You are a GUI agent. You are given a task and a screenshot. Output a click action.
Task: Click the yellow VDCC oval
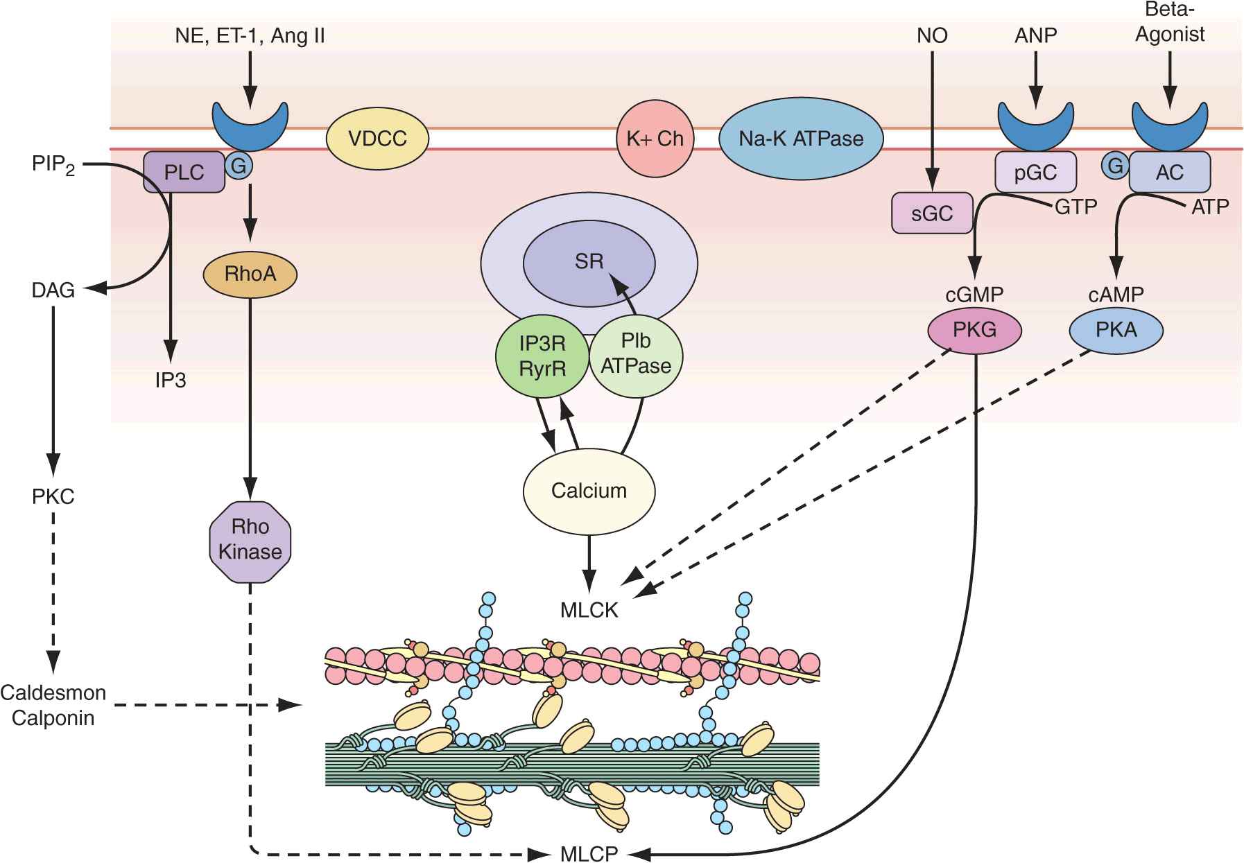(x=378, y=139)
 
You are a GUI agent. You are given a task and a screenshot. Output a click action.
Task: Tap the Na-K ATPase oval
(x=801, y=139)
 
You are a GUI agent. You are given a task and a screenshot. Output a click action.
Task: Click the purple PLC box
(x=184, y=172)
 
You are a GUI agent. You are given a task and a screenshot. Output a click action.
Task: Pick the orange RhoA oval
(x=250, y=274)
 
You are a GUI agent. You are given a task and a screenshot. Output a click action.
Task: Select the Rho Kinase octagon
(x=250, y=539)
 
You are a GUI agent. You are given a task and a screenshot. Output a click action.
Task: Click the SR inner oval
(x=589, y=261)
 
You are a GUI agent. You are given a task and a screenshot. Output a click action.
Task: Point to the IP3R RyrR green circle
(x=542, y=357)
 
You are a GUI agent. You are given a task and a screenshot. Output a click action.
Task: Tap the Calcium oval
(x=589, y=491)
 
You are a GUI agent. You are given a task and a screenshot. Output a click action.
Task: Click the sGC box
(x=932, y=213)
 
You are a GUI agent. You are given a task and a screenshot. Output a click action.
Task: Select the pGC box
(x=1035, y=172)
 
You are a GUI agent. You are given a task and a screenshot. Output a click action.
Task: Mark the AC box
(x=1170, y=172)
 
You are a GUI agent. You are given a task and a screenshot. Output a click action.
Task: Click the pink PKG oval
(x=974, y=329)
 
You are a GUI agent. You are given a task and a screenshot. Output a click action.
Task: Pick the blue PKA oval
(x=1116, y=329)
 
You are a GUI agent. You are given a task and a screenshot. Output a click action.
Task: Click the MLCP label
(x=589, y=853)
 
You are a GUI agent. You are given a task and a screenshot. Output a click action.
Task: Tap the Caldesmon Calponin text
(x=53, y=705)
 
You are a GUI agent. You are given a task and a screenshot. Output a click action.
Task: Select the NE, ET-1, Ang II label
(x=250, y=36)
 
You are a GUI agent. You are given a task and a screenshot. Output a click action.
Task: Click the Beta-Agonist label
(x=1170, y=24)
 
